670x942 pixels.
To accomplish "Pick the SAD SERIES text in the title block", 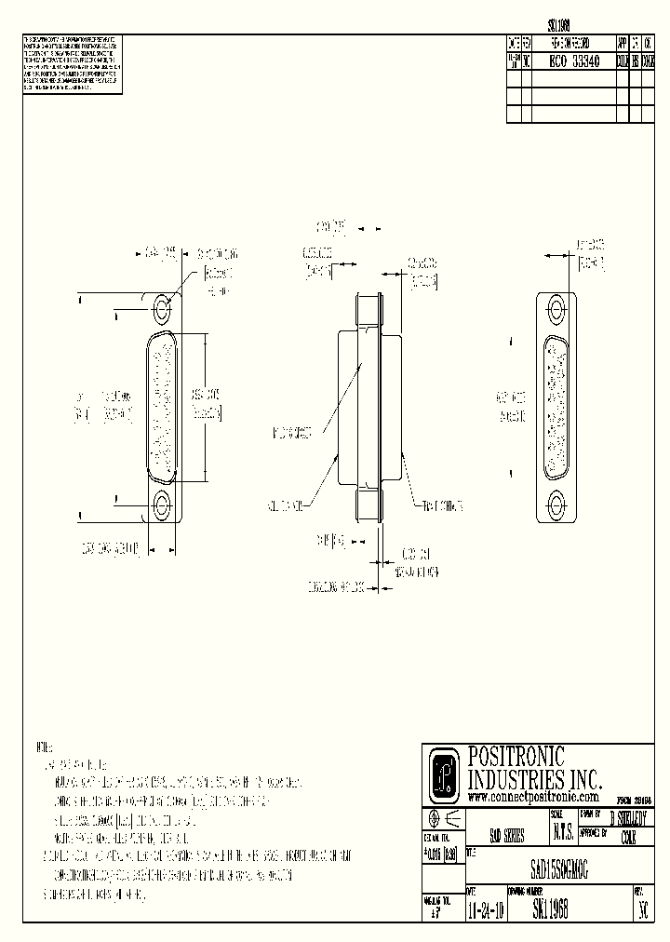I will coord(505,836).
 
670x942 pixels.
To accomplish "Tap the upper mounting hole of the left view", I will coord(163,308).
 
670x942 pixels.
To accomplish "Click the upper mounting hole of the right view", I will coord(557,308).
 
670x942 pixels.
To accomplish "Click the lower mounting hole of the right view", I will coord(557,505).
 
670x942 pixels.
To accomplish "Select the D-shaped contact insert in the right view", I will coord(557,407).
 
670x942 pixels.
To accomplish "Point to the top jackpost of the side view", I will coord(369,308).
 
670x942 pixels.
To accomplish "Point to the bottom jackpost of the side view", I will coord(369,505).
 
